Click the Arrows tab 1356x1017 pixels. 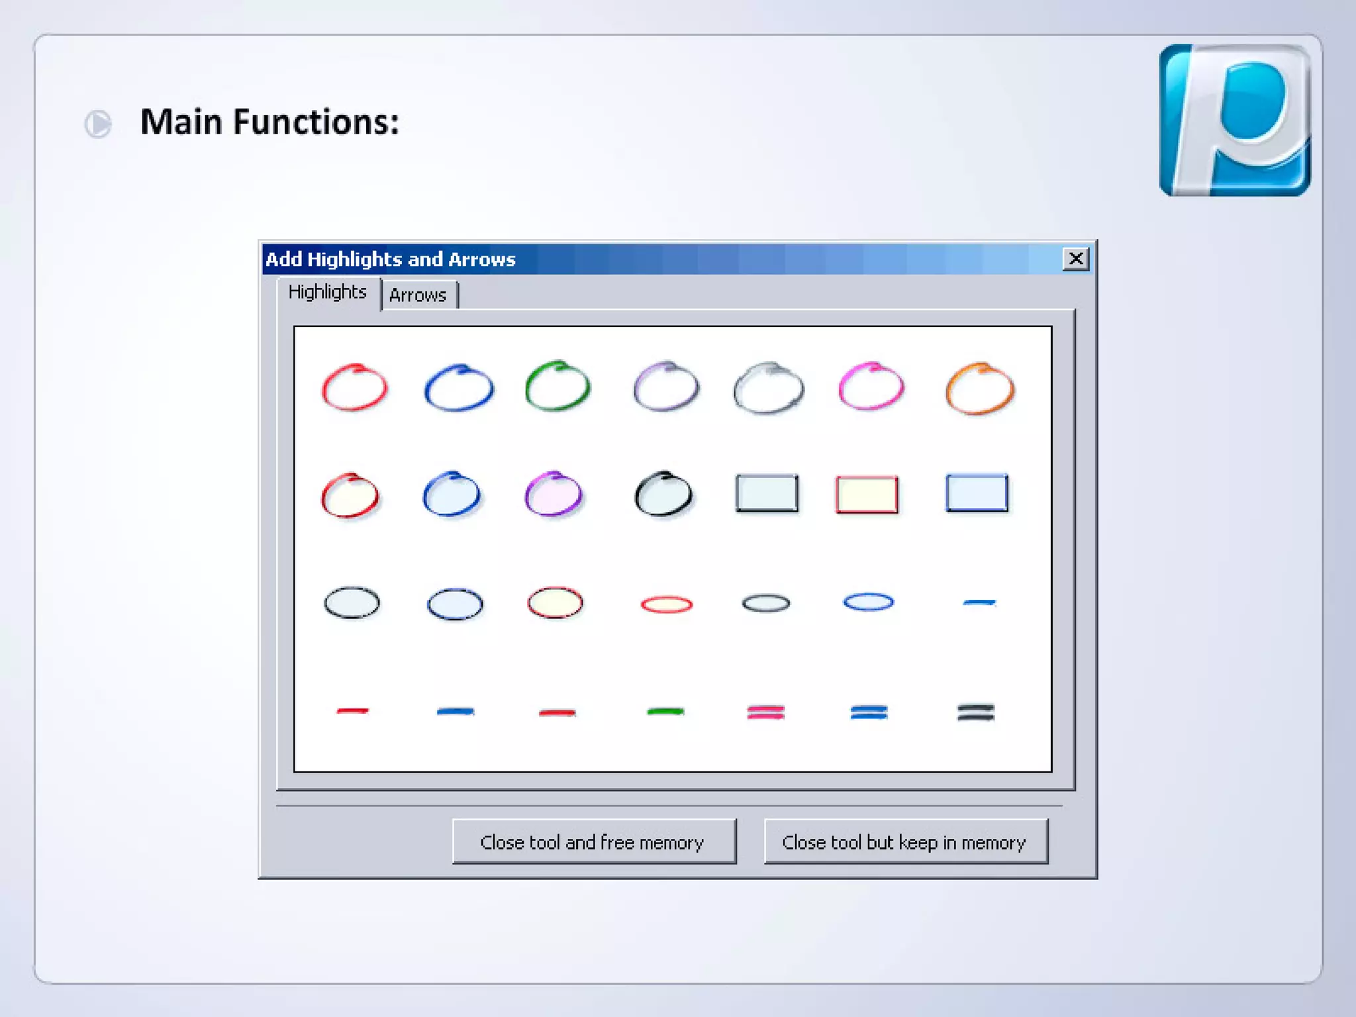(x=418, y=295)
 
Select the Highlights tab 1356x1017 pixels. (x=327, y=292)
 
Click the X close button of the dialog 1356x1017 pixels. (x=1076, y=258)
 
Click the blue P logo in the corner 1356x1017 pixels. (x=1235, y=120)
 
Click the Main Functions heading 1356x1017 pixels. (x=269, y=122)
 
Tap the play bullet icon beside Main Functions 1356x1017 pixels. (x=98, y=124)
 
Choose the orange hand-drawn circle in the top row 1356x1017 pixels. (x=980, y=389)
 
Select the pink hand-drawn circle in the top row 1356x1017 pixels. (x=871, y=387)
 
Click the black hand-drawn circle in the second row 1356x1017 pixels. (x=663, y=494)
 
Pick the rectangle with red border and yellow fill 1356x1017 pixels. (x=867, y=495)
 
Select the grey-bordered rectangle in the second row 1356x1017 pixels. (x=767, y=493)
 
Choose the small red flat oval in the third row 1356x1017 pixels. (x=667, y=604)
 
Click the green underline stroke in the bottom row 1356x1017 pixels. (x=665, y=712)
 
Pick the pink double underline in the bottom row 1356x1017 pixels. (x=766, y=712)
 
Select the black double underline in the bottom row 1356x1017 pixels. (x=976, y=712)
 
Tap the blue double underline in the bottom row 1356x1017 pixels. (x=869, y=712)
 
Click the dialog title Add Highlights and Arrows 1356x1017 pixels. (x=391, y=259)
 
